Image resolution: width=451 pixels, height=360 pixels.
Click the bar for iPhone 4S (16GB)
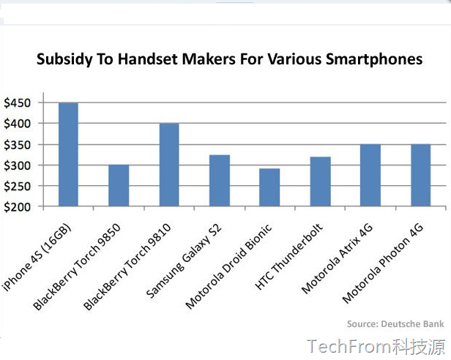click(68, 155)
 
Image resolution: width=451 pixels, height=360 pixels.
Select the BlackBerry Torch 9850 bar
click(119, 186)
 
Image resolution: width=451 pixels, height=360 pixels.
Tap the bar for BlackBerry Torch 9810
click(169, 165)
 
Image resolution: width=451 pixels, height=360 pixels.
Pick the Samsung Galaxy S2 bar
click(220, 181)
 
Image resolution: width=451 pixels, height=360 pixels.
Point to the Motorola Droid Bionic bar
click(269, 188)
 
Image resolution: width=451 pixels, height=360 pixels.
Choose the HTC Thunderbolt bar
click(320, 182)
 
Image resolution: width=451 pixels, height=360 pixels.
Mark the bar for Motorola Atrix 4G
click(370, 176)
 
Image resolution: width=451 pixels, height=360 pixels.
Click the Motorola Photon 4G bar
click(420, 176)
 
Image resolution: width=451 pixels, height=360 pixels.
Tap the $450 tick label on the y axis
click(18, 103)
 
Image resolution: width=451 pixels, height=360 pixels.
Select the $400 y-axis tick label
click(18, 124)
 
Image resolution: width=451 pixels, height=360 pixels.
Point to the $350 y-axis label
click(18, 145)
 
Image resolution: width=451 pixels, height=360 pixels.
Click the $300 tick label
click(18, 165)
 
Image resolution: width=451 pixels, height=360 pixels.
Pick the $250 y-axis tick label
click(18, 186)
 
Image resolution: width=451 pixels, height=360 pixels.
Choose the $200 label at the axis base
click(18, 207)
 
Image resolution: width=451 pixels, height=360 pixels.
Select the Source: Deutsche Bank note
click(395, 323)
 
